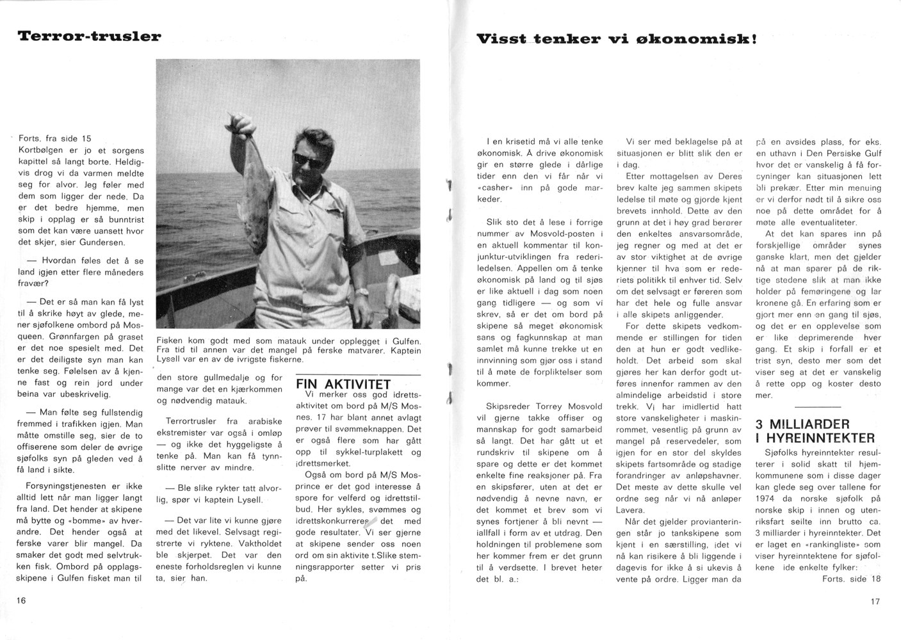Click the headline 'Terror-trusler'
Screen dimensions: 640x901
coord(89,36)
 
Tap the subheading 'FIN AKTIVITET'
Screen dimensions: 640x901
coord(343,384)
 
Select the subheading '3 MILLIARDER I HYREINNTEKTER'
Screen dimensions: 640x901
coord(815,431)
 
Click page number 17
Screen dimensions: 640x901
coord(875,602)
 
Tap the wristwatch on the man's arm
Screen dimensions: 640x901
coord(363,291)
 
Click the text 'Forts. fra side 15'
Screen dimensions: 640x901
coord(55,138)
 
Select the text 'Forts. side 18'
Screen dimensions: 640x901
coord(852,579)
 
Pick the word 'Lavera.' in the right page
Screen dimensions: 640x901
coord(630,510)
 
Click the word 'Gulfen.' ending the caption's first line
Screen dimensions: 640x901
coord(405,340)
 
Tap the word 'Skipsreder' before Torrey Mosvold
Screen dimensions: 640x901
coord(507,406)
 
